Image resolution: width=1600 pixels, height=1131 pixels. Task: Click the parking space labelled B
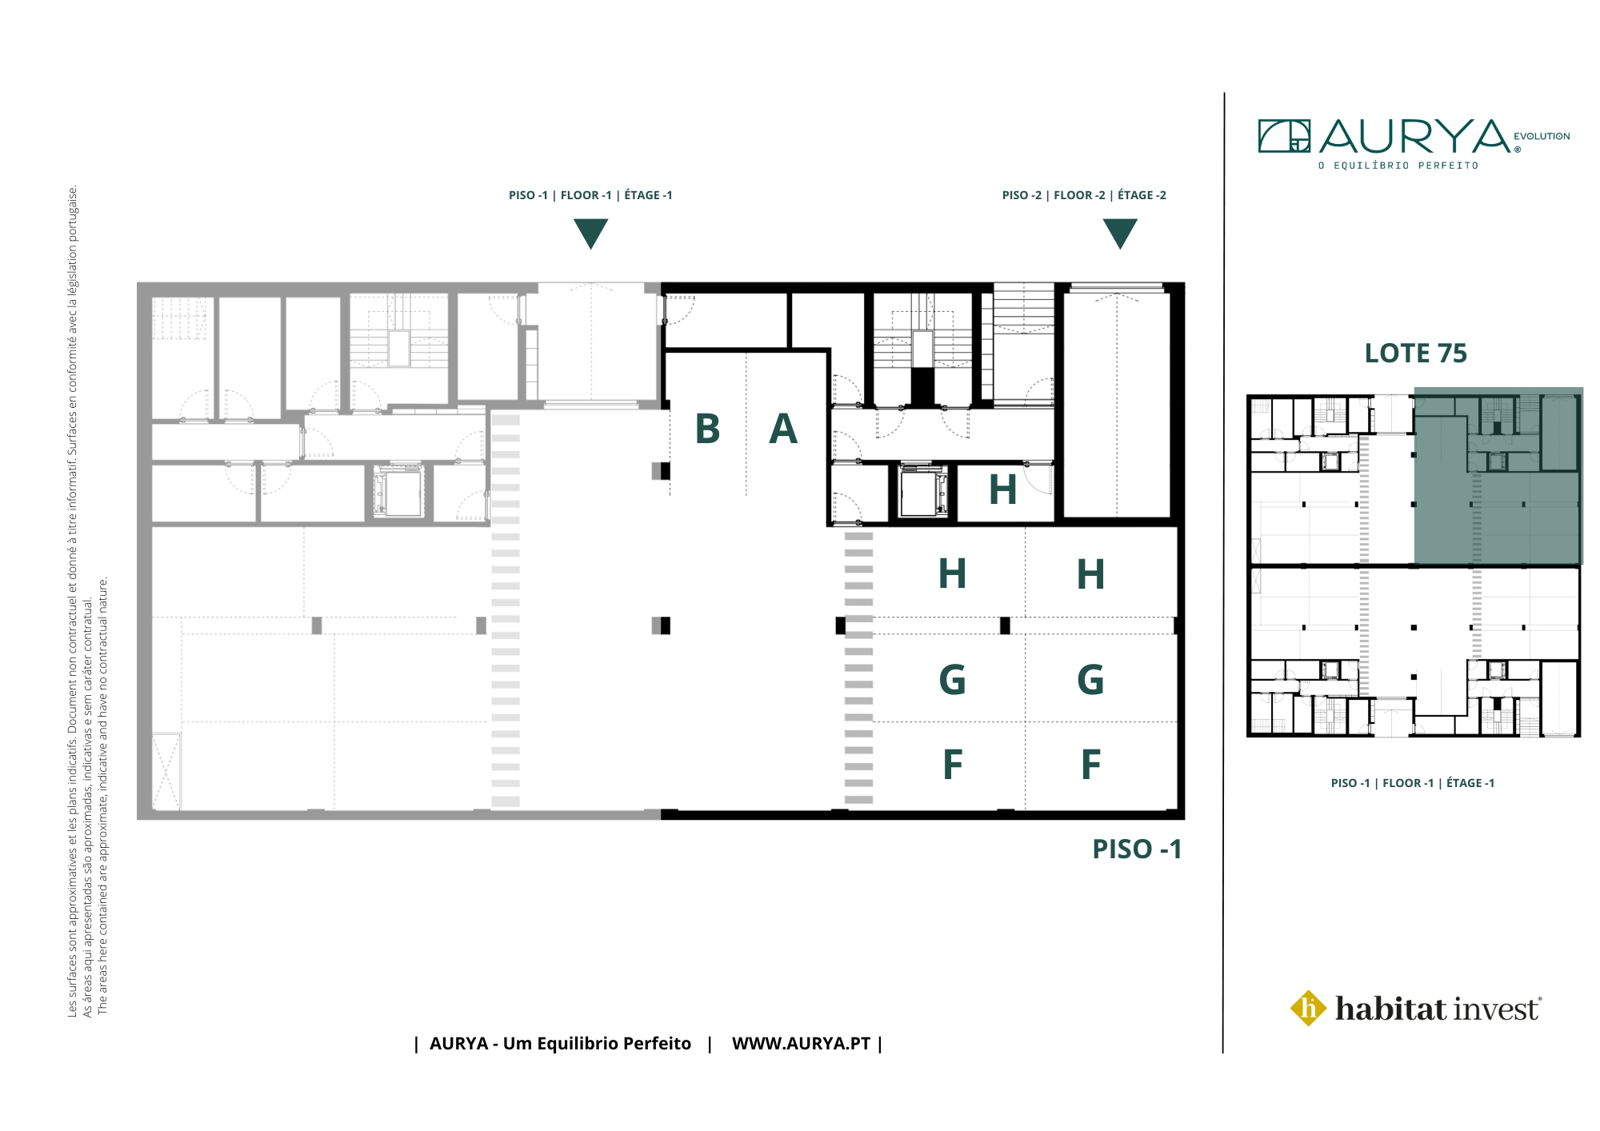(x=707, y=424)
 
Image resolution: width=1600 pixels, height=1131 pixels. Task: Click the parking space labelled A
(x=785, y=424)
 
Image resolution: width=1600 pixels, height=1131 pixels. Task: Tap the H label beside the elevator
(x=1002, y=490)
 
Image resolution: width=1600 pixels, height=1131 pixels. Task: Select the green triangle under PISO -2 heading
(x=1120, y=234)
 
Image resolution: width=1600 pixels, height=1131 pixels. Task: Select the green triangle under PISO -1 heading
(x=590, y=234)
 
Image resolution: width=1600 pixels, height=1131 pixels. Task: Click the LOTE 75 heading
(x=1415, y=354)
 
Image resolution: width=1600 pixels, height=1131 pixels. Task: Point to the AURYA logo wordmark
(x=1414, y=137)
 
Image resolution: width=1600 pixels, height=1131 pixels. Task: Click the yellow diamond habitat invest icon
(x=1309, y=1008)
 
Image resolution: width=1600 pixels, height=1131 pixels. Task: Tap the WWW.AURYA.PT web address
(x=801, y=1044)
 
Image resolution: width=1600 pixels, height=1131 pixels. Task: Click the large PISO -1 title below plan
(x=1137, y=849)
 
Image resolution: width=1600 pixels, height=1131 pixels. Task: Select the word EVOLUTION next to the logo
(x=1542, y=137)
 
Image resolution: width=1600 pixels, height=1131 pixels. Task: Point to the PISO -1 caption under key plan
(x=1413, y=783)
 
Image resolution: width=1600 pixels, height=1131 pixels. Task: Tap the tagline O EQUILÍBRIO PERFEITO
(x=1398, y=166)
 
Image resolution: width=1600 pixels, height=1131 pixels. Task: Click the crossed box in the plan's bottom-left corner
(x=166, y=771)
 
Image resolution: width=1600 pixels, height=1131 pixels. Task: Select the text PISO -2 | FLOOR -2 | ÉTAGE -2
(x=1084, y=195)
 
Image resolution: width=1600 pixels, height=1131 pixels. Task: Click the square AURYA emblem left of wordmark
(x=1284, y=136)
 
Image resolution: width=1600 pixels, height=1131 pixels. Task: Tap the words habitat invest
(x=1438, y=1009)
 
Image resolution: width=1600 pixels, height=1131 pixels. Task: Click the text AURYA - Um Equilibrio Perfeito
(x=560, y=1044)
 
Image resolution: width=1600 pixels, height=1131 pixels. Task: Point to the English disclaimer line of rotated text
(x=102, y=796)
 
